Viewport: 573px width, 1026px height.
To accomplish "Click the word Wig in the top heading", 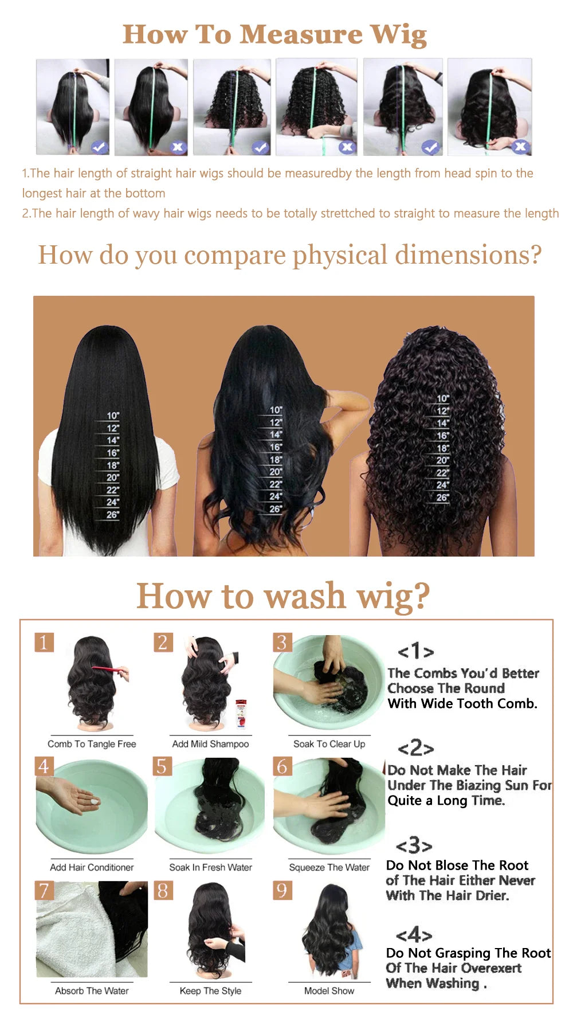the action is (399, 35).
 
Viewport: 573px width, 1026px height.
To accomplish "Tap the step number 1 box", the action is (44, 642).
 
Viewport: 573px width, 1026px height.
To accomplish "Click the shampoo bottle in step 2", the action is (241, 713).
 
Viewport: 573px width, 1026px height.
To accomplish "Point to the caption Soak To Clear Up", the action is (329, 744).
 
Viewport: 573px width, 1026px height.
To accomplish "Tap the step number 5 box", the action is (162, 766).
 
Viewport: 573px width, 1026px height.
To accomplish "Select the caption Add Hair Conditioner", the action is (92, 867).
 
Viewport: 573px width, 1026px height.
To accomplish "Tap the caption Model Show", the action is (329, 990).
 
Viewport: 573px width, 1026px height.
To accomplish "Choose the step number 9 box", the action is (282, 890).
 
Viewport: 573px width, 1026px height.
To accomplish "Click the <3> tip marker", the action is (414, 845).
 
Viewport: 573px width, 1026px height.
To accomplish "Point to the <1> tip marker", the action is (415, 651).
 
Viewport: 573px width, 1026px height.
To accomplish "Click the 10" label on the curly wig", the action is (443, 398).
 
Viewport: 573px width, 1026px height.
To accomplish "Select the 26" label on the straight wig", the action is (112, 515).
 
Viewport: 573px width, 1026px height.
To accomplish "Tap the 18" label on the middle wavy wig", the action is (276, 460).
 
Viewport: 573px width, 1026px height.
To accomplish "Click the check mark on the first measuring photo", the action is (99, 147).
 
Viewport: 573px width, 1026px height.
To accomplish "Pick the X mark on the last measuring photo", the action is (520, 147).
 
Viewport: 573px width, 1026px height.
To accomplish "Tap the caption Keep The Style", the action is (210, 990).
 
